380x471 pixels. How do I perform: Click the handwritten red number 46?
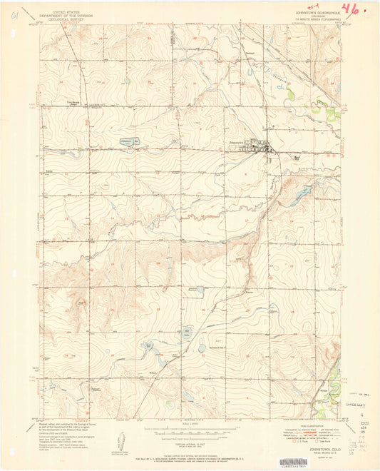[x=350, y=9]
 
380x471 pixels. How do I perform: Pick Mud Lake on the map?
[x=187, y=333]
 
